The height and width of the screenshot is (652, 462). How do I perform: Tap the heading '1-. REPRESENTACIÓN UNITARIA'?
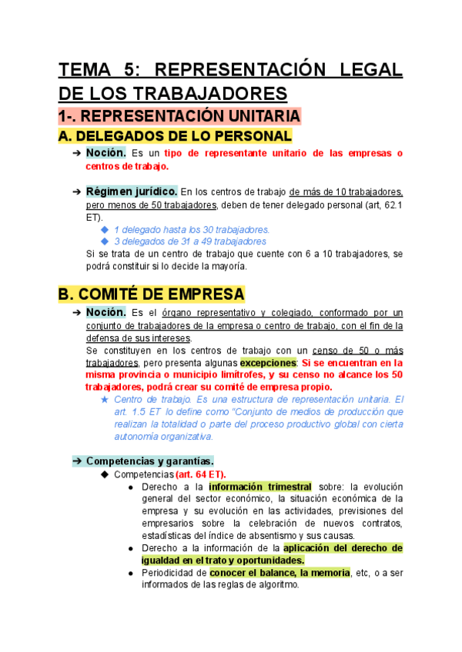(x=179, y=116)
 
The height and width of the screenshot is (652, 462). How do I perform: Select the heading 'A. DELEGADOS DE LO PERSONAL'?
(x=176, y=136)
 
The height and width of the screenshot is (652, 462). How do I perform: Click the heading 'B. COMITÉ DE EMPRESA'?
(x=152, y=294)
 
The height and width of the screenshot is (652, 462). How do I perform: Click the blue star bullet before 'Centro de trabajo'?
(x=105, y=400)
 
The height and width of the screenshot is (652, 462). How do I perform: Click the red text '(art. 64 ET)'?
(x=201, y=474)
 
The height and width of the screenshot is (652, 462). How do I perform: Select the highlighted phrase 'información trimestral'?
(x=260, y=487)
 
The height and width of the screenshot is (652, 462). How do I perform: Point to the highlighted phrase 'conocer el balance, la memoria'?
(x=280, y=573)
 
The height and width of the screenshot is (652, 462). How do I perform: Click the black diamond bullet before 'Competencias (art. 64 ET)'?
(x=105, y=474)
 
